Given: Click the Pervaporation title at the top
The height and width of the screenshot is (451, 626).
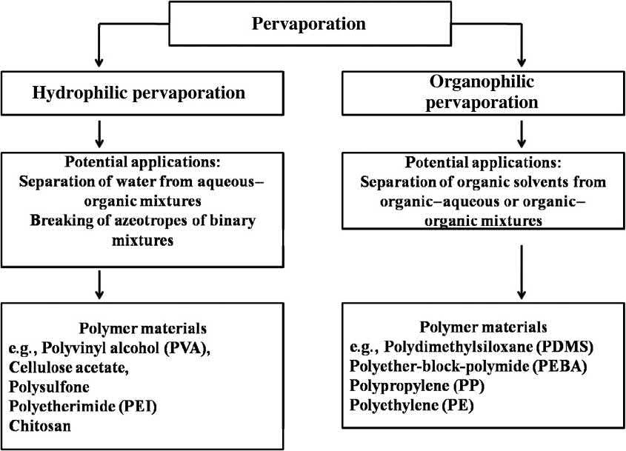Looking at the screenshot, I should (309, 24).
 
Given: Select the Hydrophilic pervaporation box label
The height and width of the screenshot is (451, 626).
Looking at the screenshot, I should (139, 93).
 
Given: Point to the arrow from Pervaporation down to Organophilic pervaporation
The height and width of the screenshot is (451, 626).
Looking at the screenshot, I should (523, 49).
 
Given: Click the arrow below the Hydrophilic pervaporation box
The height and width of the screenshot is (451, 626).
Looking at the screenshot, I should (99, 133).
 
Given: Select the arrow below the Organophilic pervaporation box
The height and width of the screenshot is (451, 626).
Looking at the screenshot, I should (523, 133).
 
